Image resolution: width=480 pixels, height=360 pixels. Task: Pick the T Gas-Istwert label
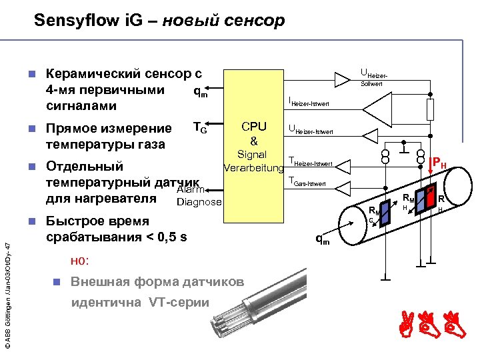(307, 181)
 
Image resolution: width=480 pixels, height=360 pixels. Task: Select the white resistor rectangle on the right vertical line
(430, 108)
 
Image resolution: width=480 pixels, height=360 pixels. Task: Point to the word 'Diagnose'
(199, 202)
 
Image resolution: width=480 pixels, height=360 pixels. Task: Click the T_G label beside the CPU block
(200, 127)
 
